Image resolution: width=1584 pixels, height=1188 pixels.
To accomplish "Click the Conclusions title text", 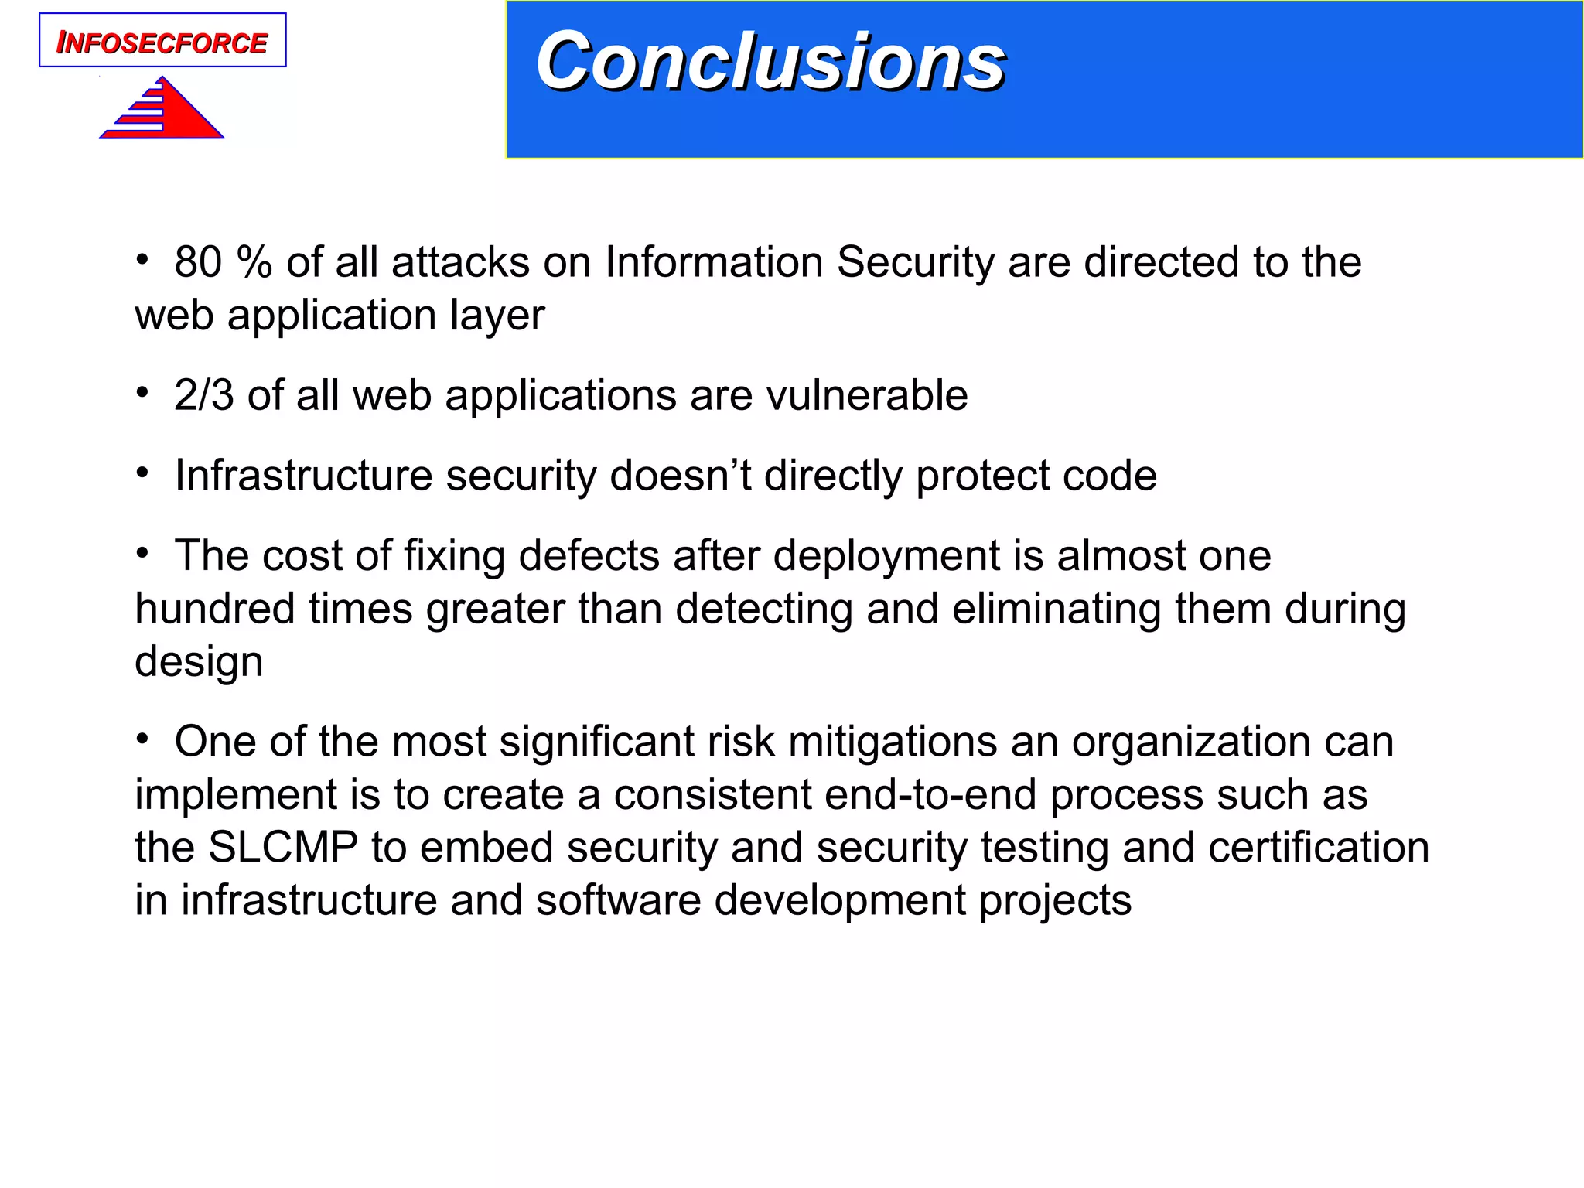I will click(770, 62).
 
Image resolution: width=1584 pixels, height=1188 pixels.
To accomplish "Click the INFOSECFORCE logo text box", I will click(162, 40).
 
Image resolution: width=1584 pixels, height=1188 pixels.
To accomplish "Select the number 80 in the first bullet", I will click(198, 262).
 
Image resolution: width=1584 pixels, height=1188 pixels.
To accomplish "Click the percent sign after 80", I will click(254, 262).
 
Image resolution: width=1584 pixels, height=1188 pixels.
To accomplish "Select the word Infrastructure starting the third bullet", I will click(302, 475).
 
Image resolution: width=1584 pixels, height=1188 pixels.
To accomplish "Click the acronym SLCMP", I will click(283, 847).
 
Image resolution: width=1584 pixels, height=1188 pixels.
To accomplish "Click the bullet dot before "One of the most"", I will click(142, 740).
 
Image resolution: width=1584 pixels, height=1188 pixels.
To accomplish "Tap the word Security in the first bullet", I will click(915, 262).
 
